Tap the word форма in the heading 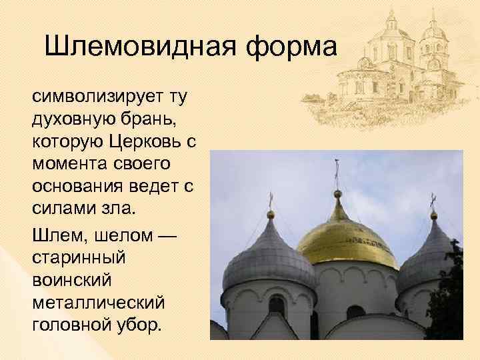click(x=293, y=48)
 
